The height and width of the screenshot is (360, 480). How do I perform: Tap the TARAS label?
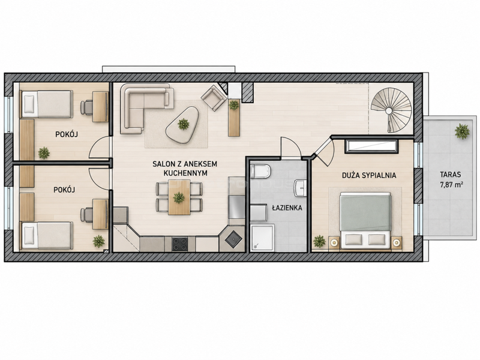(x=451, y=175)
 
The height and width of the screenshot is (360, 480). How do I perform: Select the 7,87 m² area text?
(x=451, y=185)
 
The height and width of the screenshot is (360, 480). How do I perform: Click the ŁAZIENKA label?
(x=287, y=208)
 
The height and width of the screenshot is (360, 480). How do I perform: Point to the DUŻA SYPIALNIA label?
(x=369, y=175)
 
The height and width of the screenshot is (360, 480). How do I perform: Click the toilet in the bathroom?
(x=260, y=171)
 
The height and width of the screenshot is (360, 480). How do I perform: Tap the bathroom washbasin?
(x=300, y=187)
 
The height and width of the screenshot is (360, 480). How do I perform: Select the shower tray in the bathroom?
(x=262, y=238)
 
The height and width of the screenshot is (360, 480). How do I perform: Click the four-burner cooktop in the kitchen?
(x=179, y=244)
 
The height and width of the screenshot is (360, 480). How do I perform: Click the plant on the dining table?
(x=179, y=197)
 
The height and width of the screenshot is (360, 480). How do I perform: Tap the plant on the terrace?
(x=461, y=131)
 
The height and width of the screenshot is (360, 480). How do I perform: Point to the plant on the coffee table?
(x=184, y=124)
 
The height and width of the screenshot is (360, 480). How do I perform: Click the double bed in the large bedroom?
(x=365, y=218)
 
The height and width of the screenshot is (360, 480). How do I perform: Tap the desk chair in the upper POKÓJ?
(x=86, y=107)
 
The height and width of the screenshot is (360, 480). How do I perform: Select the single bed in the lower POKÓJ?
(x=47, y=235)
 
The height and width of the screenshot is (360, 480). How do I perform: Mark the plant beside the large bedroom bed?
(x=319, y=241)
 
